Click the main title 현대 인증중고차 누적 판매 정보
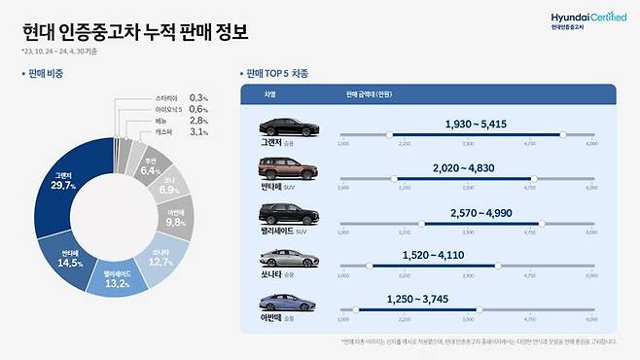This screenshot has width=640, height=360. [135, 30]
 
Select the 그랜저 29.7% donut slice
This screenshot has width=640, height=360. [67, 194]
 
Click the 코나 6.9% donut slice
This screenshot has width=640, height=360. [168, 184]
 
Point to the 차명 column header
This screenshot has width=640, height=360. [269, 94]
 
